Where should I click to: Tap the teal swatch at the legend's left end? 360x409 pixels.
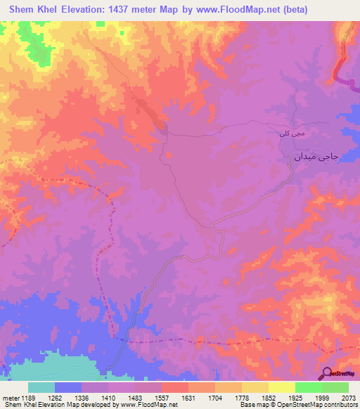coord(41,387)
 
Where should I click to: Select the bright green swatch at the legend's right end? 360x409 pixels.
coord(335,387)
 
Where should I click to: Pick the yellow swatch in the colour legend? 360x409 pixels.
coord(281,387)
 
